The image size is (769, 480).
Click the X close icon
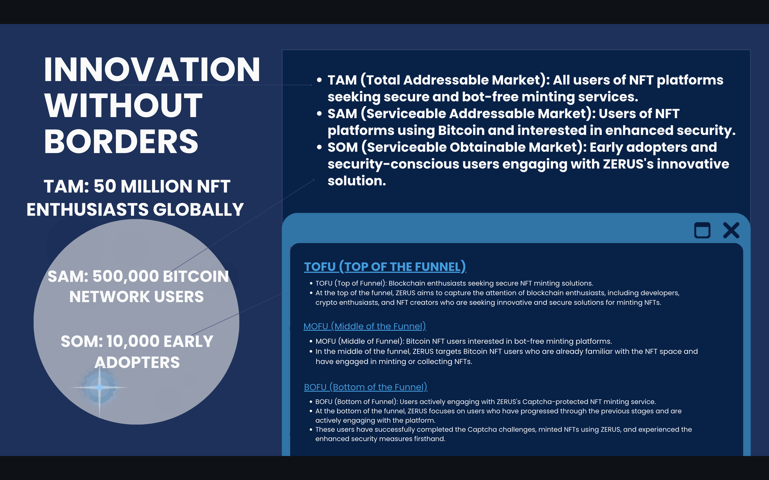[x=731, y=230]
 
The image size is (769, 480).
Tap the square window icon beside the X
[x=702, y=230]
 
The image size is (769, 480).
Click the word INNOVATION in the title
[x=152, y=70]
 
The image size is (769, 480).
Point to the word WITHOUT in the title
[x=123, y=105]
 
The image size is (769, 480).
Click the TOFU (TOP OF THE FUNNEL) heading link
[x=385, y=267]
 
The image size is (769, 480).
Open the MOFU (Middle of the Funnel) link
[x=365, y=326]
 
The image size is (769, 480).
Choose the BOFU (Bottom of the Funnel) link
[x=366, y=387]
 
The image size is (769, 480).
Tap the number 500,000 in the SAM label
[x=125, y=276]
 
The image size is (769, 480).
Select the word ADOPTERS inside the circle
[x=137, y=362]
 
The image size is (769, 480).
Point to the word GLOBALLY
[x=199, y=210]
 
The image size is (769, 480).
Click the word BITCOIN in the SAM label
[x=196, y=276]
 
